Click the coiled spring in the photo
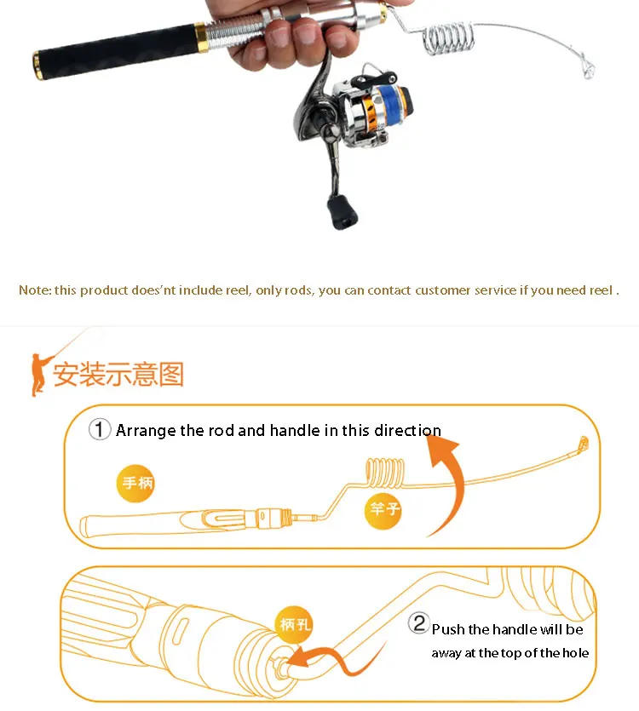coord(448,39)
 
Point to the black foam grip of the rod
coord(118,51)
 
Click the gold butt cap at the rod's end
coord(37,66)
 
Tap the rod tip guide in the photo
coord(587,69)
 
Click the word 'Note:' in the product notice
coord(36,290)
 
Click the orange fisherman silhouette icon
coord(41,374)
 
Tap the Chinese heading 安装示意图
coord(118,374)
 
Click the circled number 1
coord(100,429)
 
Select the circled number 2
coord(418,623)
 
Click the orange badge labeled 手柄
coord(135,483)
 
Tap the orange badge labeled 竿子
coord(383,511)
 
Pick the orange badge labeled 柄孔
coord(294,625)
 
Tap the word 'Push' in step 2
coord(448,629)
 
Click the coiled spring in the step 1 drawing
coord(385,473)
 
